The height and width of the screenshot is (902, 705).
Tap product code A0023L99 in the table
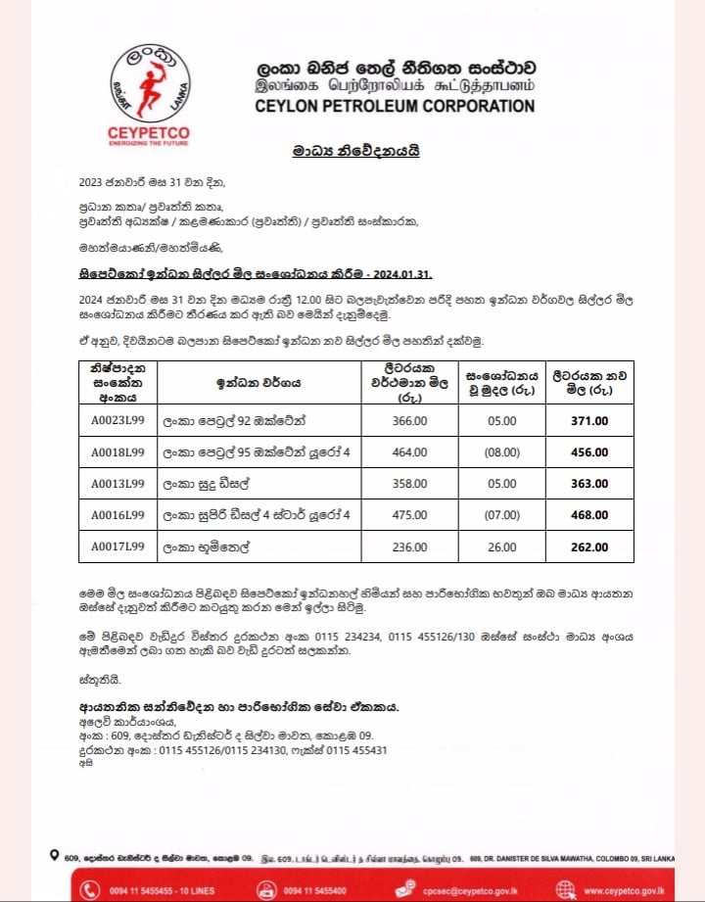tap(117, 420)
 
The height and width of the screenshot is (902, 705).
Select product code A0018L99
tap(117, 451)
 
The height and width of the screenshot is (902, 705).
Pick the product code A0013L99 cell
tap(117, 484)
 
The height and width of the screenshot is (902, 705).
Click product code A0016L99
tap(117, 515)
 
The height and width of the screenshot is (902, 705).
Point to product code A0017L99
tap(117, 546)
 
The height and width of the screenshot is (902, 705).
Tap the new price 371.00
tap(588, 420)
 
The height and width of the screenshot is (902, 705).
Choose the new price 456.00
tap(588, 451)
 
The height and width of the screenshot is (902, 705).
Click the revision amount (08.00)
tap(501, 451)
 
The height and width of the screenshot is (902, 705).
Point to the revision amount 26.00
tap(501, 546)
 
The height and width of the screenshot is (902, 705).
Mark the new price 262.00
tap(588, 546)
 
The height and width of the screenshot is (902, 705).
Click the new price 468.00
tap(588, 515)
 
